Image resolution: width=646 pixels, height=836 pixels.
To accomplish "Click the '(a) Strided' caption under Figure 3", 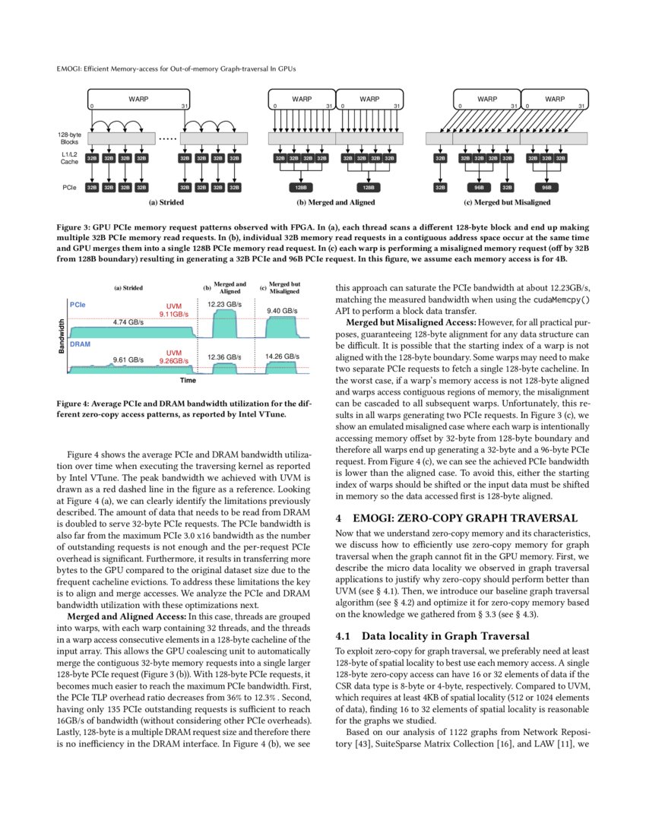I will tap(166, 203).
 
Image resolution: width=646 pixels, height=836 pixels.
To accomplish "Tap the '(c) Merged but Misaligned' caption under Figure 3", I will tap(507, 203).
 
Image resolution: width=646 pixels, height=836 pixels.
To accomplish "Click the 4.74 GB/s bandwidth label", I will tap(128, 322).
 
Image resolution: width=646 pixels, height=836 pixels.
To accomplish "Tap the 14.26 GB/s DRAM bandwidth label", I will tap(281, 356).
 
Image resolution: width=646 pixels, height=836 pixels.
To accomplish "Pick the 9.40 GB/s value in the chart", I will tap(281, 310).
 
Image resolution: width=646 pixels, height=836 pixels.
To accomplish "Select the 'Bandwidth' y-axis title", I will tap(62, 335).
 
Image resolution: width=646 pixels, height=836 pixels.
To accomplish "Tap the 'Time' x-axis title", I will tap(188, 379).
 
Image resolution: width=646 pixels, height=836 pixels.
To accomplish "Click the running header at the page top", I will tap(176, 68).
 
